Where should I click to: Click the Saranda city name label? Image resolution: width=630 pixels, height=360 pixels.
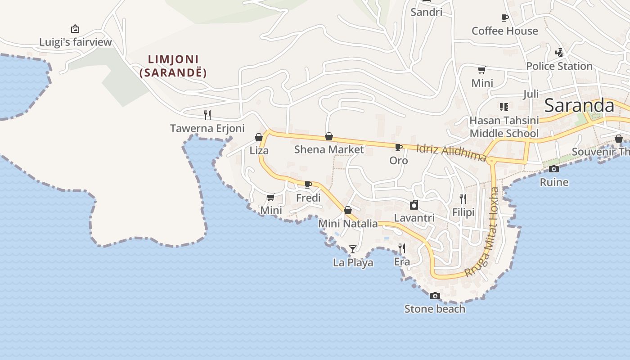[x=579, y=105]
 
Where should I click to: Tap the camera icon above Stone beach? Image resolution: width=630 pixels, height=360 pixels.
[x=435, y=296]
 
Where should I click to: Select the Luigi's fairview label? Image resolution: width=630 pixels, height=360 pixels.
[x=75, y=42]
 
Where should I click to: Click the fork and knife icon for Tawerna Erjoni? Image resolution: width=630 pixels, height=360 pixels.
[x=207, y=115]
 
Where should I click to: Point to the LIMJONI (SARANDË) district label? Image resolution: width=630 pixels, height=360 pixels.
[x=173, y=66]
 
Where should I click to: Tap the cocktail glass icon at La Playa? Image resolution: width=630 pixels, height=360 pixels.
[x=353, y=249]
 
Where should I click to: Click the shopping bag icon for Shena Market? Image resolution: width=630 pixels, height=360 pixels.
[x=329, y=136]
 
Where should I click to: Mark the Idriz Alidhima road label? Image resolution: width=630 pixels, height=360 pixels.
[x=451, y=152]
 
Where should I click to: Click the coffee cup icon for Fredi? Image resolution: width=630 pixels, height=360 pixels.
[x=308, y=184]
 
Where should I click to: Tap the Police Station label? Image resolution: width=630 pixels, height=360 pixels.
[x=559, y=66]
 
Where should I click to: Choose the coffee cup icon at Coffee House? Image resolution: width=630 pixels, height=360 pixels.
[x=504, y=18]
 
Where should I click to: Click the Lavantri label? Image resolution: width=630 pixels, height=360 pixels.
[x=414, y=218]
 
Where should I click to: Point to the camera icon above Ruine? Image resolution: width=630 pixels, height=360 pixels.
[x=554, y=169]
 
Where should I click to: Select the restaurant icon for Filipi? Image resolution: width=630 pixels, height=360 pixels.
[x=463, y=198]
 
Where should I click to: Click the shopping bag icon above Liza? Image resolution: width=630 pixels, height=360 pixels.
[x=259, y=137]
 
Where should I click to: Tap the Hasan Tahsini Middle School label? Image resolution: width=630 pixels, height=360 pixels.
[x=504, y=127]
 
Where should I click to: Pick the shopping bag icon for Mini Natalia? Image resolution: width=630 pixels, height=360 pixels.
[x=348, y=210]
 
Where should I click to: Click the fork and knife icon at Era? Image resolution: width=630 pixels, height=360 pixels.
[x=402, y=248]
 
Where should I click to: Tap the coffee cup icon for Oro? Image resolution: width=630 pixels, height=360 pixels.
[x=398, y=147]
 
